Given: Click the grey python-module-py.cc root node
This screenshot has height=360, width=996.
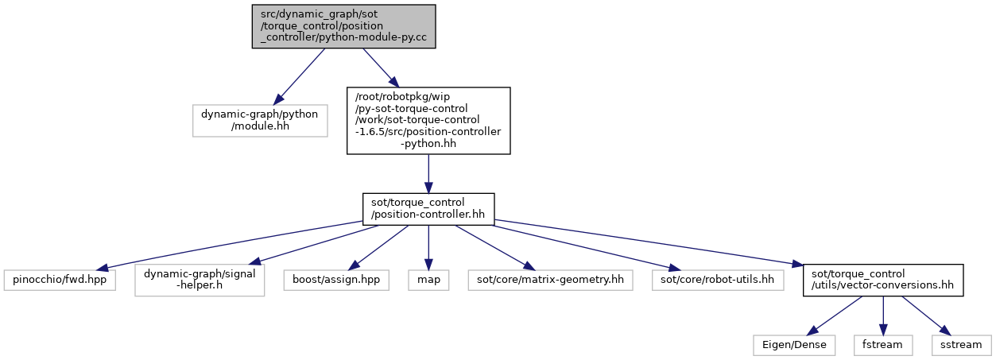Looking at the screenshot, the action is (x=343, y=26).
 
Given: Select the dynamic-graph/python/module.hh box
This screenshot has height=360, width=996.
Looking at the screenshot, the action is (x=260, y=121).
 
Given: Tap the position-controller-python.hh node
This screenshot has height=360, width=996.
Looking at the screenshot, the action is (x=428, y=121).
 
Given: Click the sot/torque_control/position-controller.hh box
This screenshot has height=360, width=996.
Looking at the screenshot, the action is (x=428, y=209).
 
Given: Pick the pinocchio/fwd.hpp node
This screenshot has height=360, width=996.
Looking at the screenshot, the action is (x=60, y=280).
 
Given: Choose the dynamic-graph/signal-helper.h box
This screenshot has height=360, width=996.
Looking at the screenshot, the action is (x=200, y=280).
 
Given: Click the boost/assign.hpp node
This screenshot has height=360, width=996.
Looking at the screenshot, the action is (x=336, y=280).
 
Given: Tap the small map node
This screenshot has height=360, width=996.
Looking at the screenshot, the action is (x=428, y=280).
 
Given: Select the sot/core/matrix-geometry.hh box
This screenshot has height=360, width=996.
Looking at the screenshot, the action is (x=551, y=280).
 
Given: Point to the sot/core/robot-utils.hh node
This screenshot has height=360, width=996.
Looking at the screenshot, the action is (x=718, y=280).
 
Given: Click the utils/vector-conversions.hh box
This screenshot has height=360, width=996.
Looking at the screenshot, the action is (x=883, y=280).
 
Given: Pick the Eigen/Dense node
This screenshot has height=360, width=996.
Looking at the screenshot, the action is (x=794, y=345).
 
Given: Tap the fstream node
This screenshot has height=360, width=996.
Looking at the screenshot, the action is (x=883, y=345).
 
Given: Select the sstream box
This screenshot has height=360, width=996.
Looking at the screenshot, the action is (x=961, y=345).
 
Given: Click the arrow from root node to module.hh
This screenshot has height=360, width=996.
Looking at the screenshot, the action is (x=299, y=76).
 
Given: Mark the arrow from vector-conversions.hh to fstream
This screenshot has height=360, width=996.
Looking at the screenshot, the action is (x=883, y=315).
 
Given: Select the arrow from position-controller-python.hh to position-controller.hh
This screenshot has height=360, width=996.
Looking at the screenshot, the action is (x=428, y=174).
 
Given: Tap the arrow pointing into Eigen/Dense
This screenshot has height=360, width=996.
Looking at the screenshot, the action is (x=835, y=315).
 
